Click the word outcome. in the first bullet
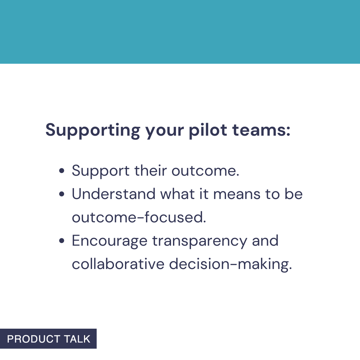[x=205, y=171]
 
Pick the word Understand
[x=113, y=194]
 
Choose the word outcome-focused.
[x=139, y=217]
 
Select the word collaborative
[x=118, y=264]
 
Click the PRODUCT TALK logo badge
[x=48, y=339]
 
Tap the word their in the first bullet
[x=151, y=171]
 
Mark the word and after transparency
[x=265, y=241]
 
